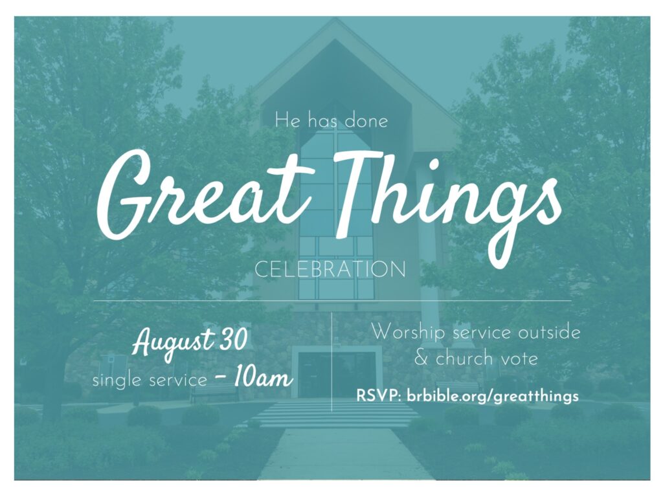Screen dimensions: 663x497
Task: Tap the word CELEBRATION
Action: [x=330, y=269]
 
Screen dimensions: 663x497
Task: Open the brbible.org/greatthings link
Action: [x=492, y=397]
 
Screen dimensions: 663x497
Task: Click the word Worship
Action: [x=408, y=333]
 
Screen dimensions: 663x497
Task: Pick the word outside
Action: [x=549, y=332]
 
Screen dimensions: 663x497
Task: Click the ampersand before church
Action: [x=421, y=359]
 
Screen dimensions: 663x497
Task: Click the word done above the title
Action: [x=366, y=121]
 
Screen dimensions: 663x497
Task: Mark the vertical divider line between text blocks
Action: [x=332, y=362]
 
